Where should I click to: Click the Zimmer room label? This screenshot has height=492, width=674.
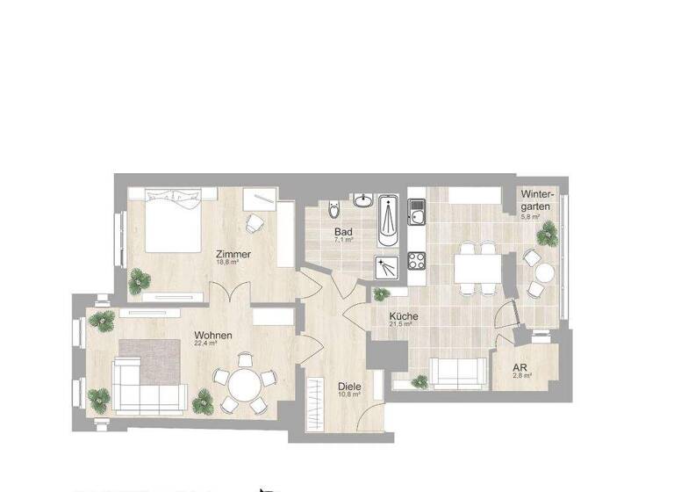coord(235,255)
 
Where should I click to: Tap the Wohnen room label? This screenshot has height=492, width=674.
coord(213,336)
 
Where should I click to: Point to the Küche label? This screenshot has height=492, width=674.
coord(404,316)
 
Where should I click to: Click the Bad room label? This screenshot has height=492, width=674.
coord(342,233)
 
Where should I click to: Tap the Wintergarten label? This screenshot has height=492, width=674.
coord(535,199)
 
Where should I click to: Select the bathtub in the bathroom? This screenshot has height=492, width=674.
coord(388,222)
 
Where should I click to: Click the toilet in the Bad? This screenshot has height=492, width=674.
coord(331,211)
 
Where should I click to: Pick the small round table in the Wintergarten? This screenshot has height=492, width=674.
coord(546,273)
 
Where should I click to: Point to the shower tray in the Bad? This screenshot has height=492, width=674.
coord(386,265)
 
